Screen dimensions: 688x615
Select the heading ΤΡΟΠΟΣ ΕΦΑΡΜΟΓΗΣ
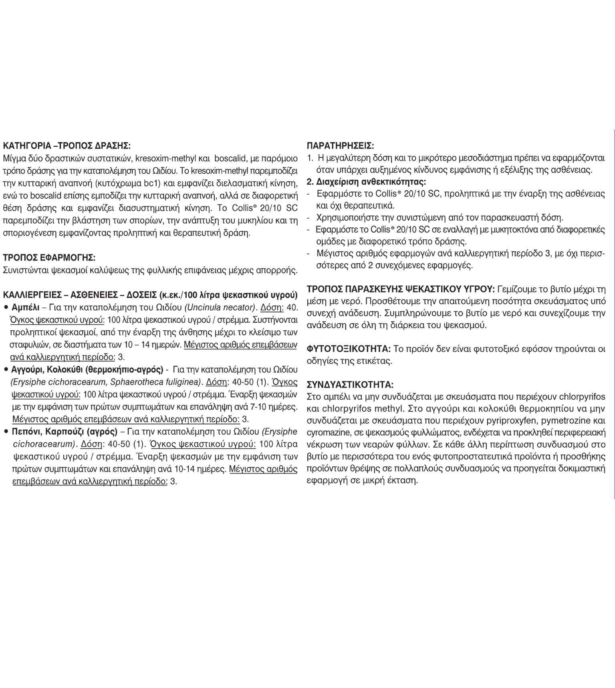(x=49, y=257)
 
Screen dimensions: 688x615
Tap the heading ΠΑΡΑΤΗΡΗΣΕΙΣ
(x=340, y=146)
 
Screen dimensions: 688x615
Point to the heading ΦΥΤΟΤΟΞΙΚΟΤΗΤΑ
(x=349, y=349)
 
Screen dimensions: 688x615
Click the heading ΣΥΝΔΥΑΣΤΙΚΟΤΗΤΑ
(x=350, y=385)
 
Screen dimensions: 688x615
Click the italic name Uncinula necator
(x=220, y=307)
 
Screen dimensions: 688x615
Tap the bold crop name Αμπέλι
(x=26, y=307)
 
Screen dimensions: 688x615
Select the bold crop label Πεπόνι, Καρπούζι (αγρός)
(x=65, y=432)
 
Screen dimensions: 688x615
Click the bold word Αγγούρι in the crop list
(x=28, y=369)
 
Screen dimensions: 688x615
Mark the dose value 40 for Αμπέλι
(x=292, y=307)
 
